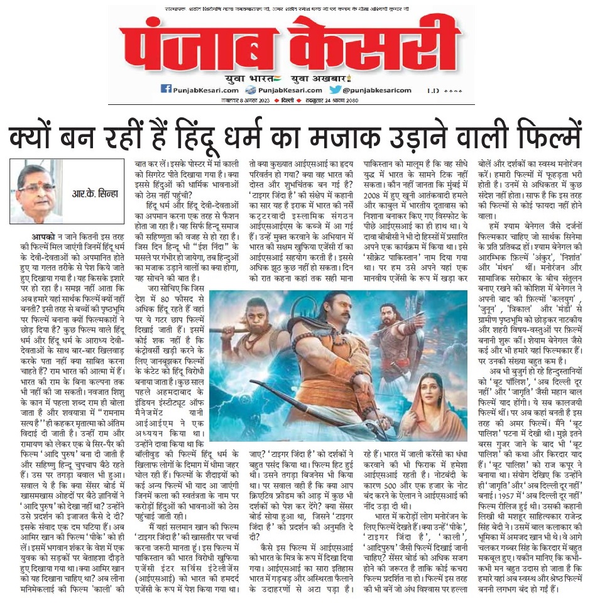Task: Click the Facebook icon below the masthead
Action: tap(166, 89)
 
